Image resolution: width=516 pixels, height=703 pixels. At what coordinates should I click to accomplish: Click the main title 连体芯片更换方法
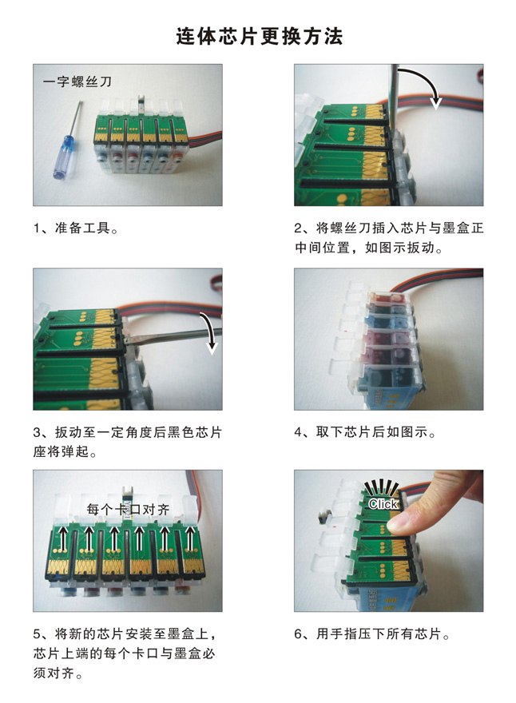point(259,36)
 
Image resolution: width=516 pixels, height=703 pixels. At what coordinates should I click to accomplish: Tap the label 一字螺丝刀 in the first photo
point(77,81)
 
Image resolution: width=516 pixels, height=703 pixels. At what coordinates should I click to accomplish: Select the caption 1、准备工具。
point(76,228)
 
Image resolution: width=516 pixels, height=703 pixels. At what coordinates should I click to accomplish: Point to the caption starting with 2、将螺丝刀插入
point(389,237)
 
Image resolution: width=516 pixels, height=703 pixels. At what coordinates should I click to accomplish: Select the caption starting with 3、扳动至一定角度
point(128,442)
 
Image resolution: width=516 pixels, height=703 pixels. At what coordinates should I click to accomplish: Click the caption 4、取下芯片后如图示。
point(365,432)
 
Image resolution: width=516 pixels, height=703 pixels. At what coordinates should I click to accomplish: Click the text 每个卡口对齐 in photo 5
point(129,510)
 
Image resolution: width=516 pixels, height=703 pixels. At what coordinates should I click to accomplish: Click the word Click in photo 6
point(383,504)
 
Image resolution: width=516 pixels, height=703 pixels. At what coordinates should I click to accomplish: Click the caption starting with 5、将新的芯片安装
point(125,653)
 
